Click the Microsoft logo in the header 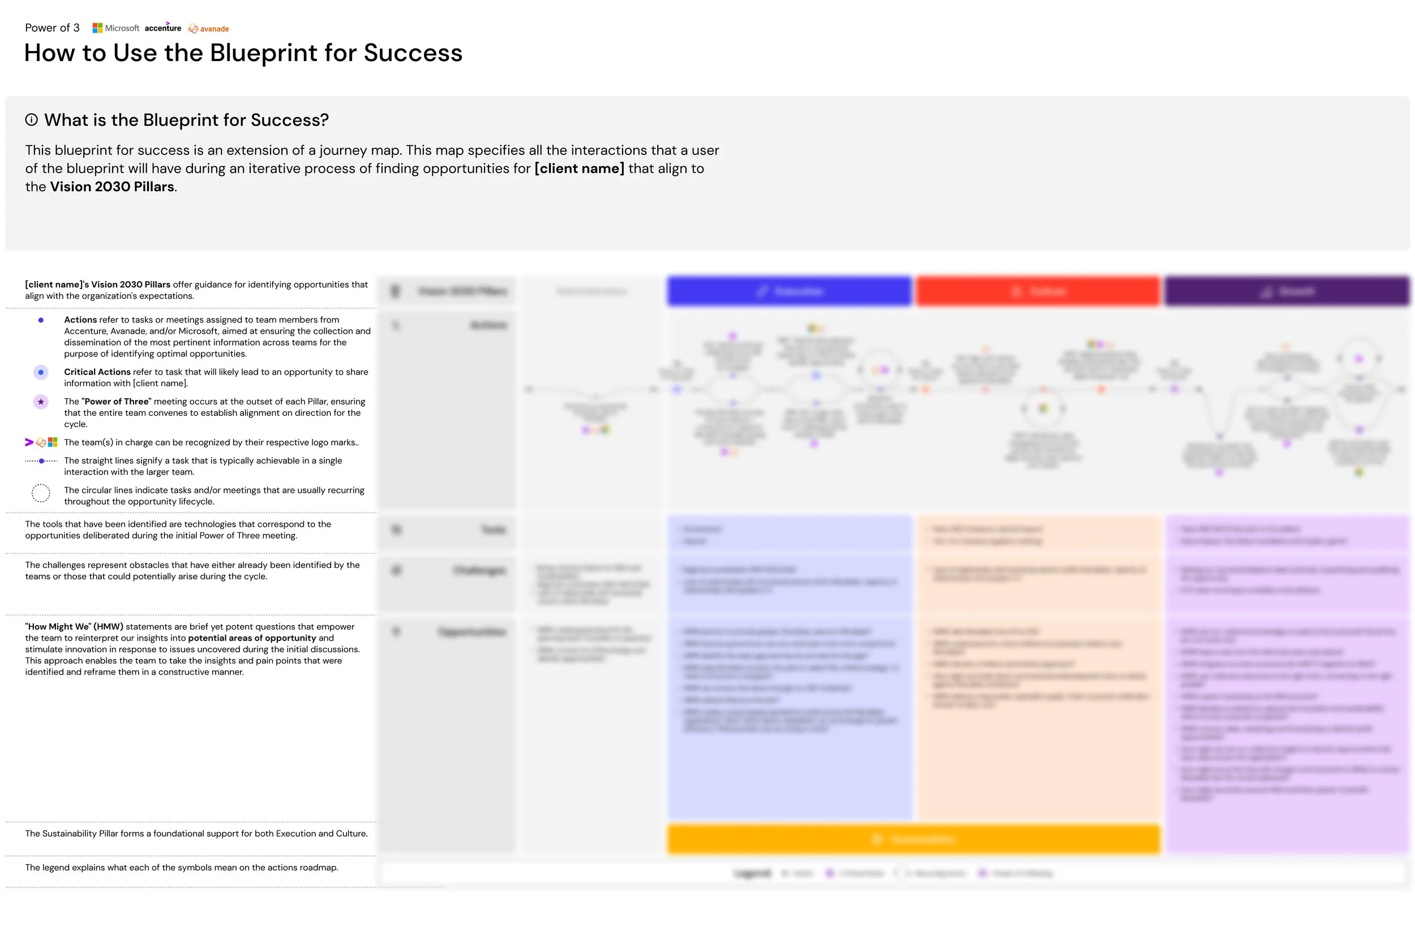coord(115,28)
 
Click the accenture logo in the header coord(162,28)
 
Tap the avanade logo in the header coord(208,29)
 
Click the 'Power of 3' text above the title coord(52,28)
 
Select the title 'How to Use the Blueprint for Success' coord(243,53)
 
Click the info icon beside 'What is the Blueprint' coord(32,120)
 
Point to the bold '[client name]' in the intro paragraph coord(579,169)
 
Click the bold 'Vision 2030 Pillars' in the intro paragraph coord(112,187)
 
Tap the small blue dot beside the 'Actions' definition coord(41,320)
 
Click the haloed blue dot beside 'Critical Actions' coord(41,372)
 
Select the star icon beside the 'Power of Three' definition coord(41,402)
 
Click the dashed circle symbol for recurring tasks coord(41,493)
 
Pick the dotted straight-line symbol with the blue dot coord(41,461)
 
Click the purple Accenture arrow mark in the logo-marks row coord(29,442)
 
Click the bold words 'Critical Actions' coord(97,372)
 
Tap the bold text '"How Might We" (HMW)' coord(74,627)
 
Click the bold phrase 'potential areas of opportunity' coord(252,638)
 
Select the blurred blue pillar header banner coord(789,291)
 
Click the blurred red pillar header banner coord(1037,291)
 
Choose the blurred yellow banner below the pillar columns coord(914,840)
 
